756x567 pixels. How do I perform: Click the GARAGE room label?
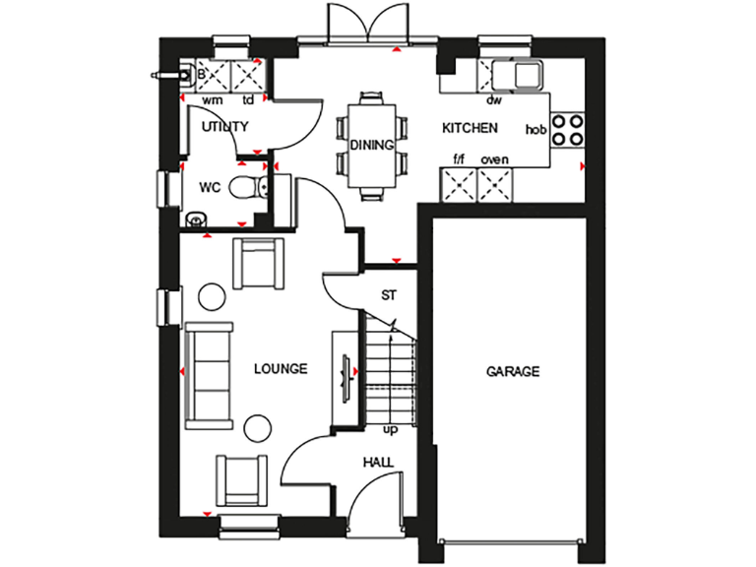[513, 372]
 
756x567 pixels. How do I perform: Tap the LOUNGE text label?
[281, 369]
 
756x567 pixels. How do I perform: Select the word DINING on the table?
[372, 145]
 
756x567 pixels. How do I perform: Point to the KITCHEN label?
[470, 128]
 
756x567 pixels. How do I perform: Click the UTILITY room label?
[225, 127]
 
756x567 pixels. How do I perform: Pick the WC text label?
[210, 187]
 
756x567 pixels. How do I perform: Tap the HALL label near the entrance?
[378, 462]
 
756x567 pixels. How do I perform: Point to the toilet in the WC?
[245, 187]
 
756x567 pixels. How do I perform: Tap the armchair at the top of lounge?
[258, 262]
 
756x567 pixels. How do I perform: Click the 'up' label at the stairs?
[391, 428]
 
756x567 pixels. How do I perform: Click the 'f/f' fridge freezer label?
[458, 160]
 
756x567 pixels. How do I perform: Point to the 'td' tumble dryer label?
[249, 100]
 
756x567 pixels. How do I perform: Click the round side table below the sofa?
[258, 426]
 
